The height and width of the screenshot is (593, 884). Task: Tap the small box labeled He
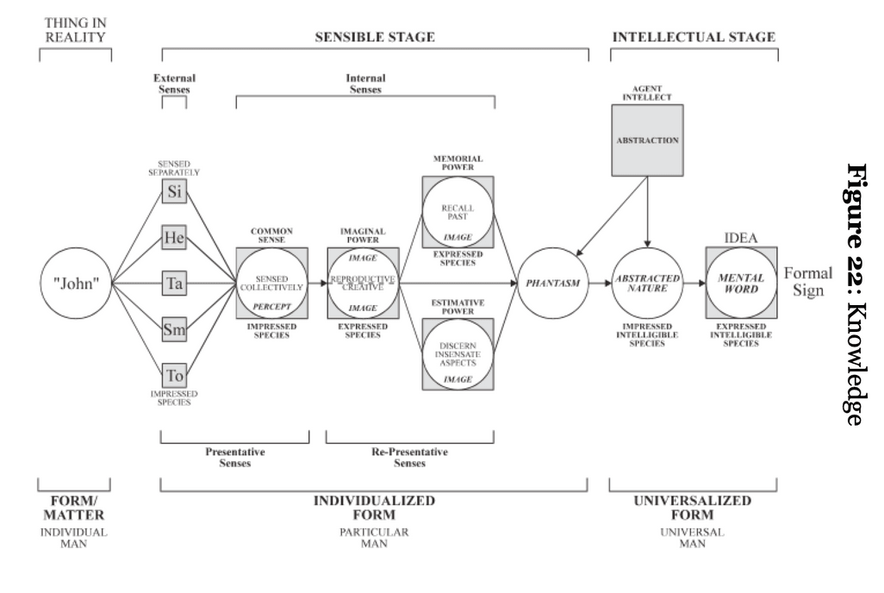[175, 239]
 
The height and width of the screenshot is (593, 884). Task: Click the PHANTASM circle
[552, 284]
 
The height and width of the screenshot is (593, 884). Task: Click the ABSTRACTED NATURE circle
[646, 284]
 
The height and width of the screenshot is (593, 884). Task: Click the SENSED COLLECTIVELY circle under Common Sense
[271, 283]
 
